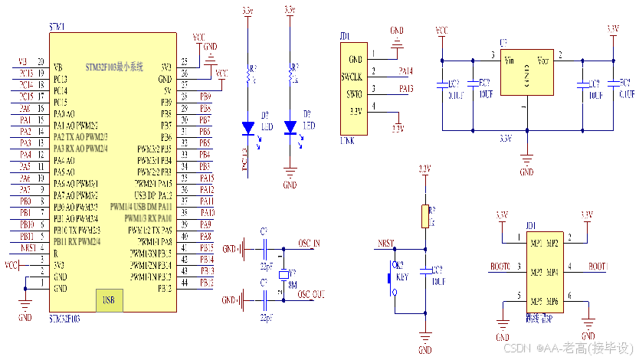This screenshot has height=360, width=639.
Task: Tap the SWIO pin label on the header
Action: (353, 93)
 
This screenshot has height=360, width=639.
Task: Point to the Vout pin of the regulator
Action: (542, 60)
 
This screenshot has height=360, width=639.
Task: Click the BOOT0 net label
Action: (500, 267)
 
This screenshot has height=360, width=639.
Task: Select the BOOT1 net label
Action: (598, 267)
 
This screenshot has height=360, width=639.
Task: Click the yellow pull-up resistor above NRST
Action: (425, 216)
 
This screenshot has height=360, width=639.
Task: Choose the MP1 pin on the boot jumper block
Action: (536, 243)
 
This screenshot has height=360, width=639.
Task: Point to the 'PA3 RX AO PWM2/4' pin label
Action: (80, 149)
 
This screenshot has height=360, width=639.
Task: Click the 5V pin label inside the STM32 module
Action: (166, 90)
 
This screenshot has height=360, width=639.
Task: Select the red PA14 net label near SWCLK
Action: (406, 71)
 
